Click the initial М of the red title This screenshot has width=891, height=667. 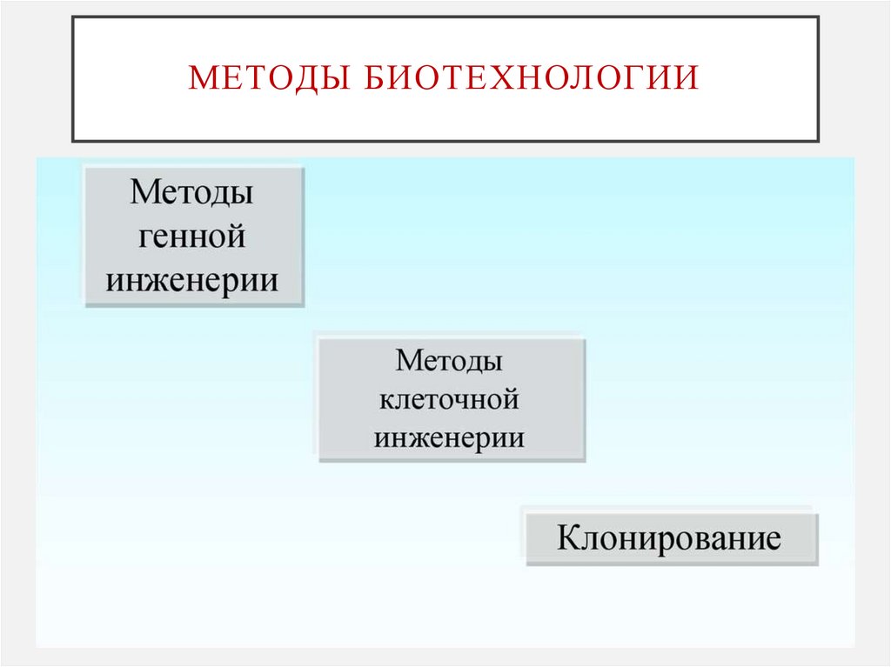tap(201, 77)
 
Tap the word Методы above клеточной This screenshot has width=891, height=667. tap(449, 361)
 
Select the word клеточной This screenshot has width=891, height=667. tap(449, 400)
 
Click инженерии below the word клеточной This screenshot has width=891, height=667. tap(449, 437)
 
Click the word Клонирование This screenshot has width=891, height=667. tap(669, 537)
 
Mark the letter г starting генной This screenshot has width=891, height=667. tap(144, 237)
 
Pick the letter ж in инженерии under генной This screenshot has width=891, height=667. tap(168, 280)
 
